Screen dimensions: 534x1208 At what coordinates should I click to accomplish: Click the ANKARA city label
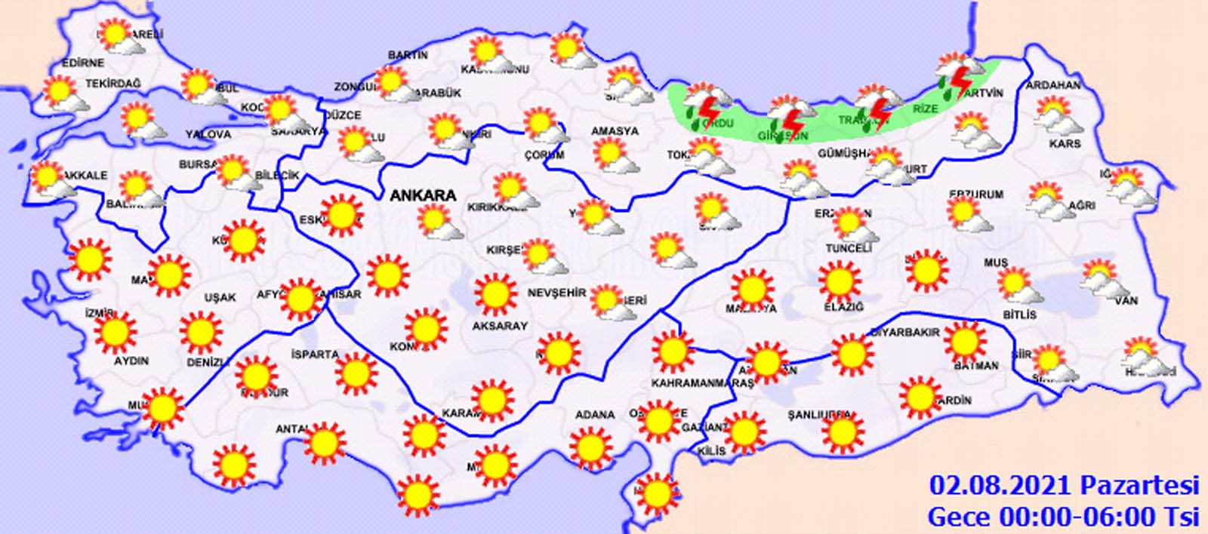point(423,195)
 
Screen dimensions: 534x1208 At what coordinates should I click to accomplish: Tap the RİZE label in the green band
point(926,109)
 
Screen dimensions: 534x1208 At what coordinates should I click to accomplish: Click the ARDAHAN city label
point(1052,85)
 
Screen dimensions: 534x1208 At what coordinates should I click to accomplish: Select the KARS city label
point(1065,143)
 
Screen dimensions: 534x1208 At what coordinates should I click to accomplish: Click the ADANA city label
point(594,415)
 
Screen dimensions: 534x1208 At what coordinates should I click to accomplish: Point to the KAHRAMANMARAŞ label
point(702,383)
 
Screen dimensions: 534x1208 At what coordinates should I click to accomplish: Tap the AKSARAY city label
point(499,326)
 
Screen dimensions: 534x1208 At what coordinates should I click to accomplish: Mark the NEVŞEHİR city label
point(556,293)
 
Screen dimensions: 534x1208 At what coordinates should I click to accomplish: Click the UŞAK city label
point(220,298)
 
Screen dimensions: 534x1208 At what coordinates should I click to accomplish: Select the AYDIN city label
point(131,361)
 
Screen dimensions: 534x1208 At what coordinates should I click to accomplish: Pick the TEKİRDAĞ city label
point(112,84)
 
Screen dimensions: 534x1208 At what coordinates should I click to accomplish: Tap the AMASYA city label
point(615,131)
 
